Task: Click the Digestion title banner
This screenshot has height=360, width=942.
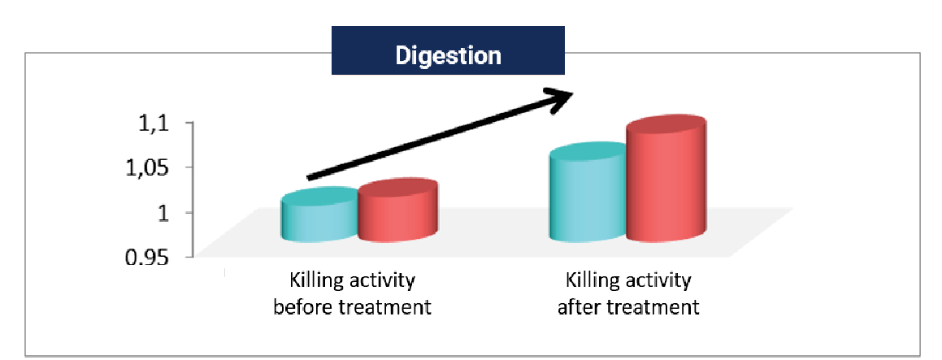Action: pos(448,50)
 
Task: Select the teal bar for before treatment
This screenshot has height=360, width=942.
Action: pos(319,215)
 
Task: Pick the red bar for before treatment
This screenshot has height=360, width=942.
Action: pos(397,210)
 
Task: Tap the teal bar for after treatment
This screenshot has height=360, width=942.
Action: pos(588,193)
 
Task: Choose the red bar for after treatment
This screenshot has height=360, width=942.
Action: pos(666,178)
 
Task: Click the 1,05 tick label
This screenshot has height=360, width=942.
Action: pos(147,168)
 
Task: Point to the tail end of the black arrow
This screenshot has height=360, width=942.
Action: pos(307,178)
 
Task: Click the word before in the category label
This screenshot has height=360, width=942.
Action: pos(303,307)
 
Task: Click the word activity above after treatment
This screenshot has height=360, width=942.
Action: pos(659,282)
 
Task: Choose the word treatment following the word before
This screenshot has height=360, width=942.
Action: pos(384,307)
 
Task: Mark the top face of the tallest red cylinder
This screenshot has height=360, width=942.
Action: pos(666,128)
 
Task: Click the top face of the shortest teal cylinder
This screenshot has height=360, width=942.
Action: pos(320,197)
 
